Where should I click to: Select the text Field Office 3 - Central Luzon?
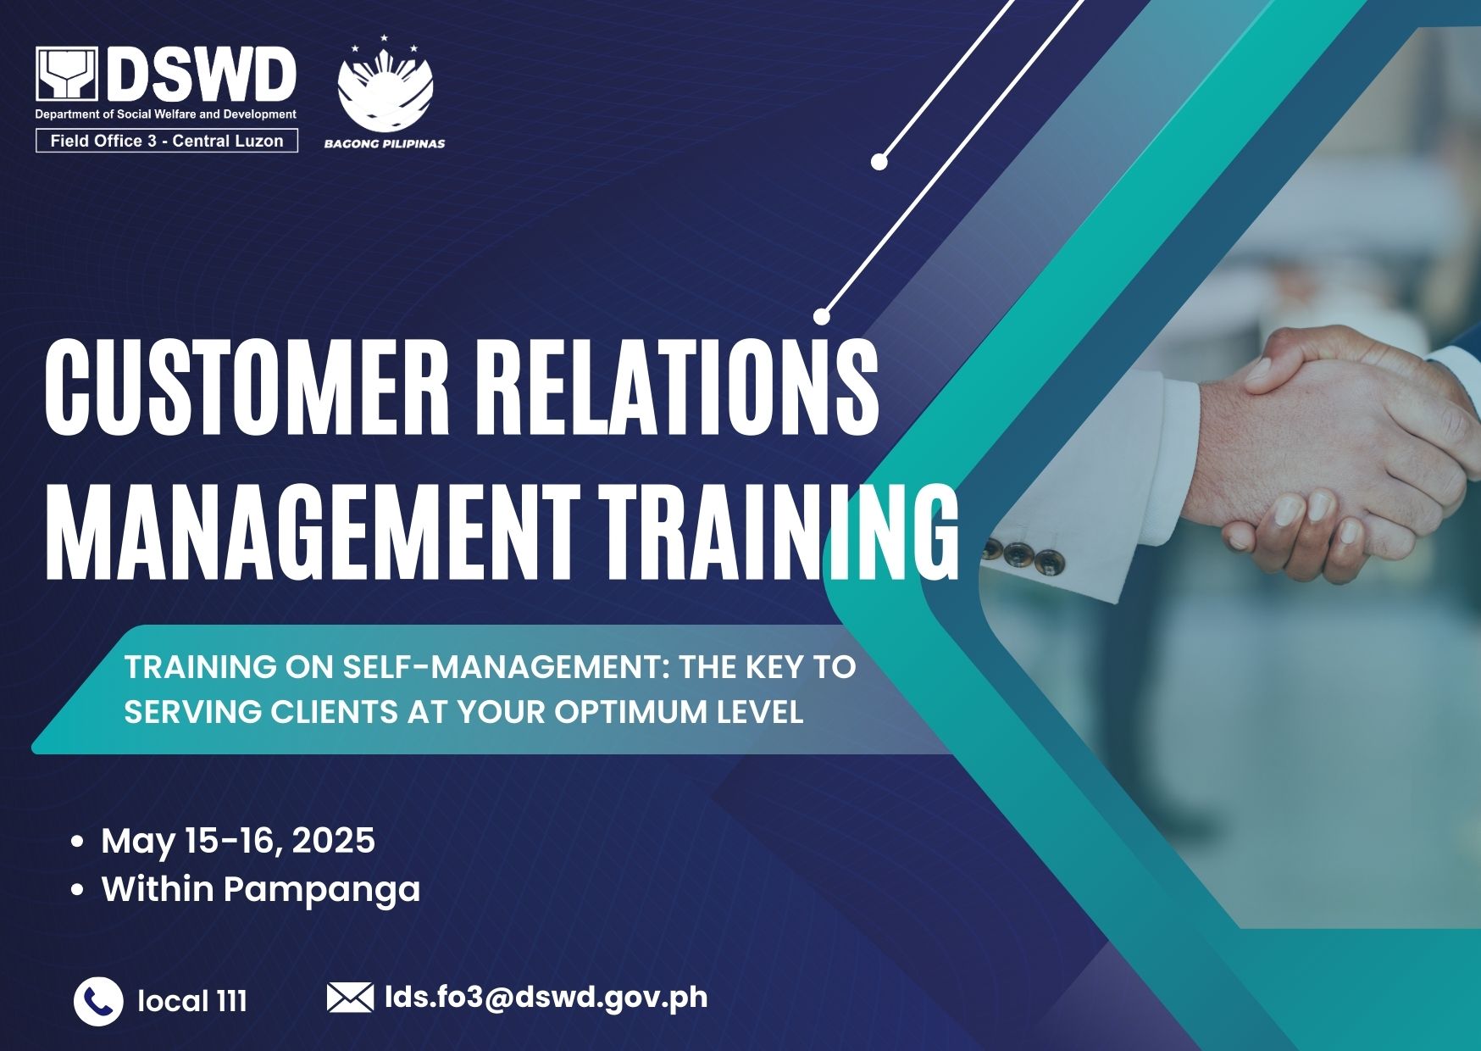tap(167, 141)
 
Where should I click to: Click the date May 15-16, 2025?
tap(238, 841)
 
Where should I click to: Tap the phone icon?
tap(98, 1002)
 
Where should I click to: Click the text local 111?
tap(192, 1001)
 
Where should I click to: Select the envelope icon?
tap(350, 998)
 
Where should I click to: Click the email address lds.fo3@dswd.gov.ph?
tap(546, 997)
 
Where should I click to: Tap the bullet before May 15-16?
tap(78, 842)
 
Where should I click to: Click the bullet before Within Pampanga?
tap(78, 890)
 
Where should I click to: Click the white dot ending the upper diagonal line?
tap(879, 162)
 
